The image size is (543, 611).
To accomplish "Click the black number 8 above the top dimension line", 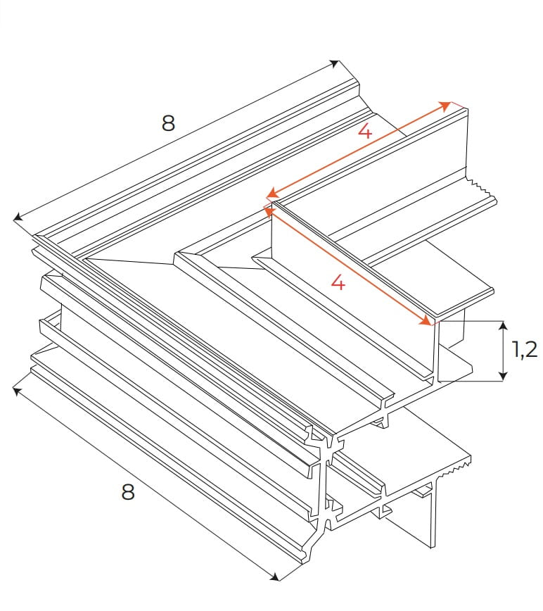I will (x=167, y=123).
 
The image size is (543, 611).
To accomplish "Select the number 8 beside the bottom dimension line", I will (x=127, y=492).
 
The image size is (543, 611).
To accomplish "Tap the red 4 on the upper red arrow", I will (x=364, y=131).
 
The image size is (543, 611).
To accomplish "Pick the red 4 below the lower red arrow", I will (x=338, y=282).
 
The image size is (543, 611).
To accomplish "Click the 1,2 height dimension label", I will (x=524, y=349).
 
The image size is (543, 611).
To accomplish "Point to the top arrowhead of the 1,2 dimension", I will (x=503, y=326).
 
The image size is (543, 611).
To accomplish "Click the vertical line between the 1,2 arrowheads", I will (x=503, y=351).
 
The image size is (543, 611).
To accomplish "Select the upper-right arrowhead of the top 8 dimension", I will (x=336, y=64).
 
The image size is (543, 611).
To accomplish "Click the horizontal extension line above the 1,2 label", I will (x=471, y=321).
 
